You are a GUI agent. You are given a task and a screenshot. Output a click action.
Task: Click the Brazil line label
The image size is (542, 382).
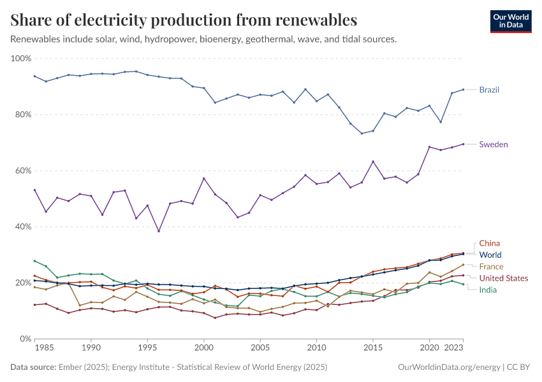tap(489, 90)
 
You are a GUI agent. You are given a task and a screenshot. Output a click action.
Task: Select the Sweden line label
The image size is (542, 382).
tap(494, 145)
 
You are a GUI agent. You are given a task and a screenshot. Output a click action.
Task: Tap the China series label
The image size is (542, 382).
tap(489, 243)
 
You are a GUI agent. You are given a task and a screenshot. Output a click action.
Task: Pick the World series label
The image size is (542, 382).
tap(490, 255)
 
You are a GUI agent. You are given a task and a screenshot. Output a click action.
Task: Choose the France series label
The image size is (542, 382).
tap(491, 267)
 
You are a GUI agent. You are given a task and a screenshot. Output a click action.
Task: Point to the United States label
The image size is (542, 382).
tap(504, 278)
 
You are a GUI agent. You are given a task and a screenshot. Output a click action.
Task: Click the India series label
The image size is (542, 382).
tap(488, 290)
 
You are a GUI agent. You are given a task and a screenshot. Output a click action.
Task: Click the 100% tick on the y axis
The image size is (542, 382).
tap(21, 59)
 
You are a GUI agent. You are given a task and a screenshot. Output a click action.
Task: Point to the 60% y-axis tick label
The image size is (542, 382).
tap(22, 171)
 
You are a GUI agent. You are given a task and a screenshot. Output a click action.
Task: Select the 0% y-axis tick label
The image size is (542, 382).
tap(25, 339)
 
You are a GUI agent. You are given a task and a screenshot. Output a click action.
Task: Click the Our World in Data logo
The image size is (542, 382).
tap(510, 20)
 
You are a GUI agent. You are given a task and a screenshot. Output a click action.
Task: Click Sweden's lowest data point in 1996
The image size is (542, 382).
tap(159, 231)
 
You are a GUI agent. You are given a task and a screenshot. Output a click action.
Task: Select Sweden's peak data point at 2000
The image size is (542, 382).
tap(203, 178)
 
